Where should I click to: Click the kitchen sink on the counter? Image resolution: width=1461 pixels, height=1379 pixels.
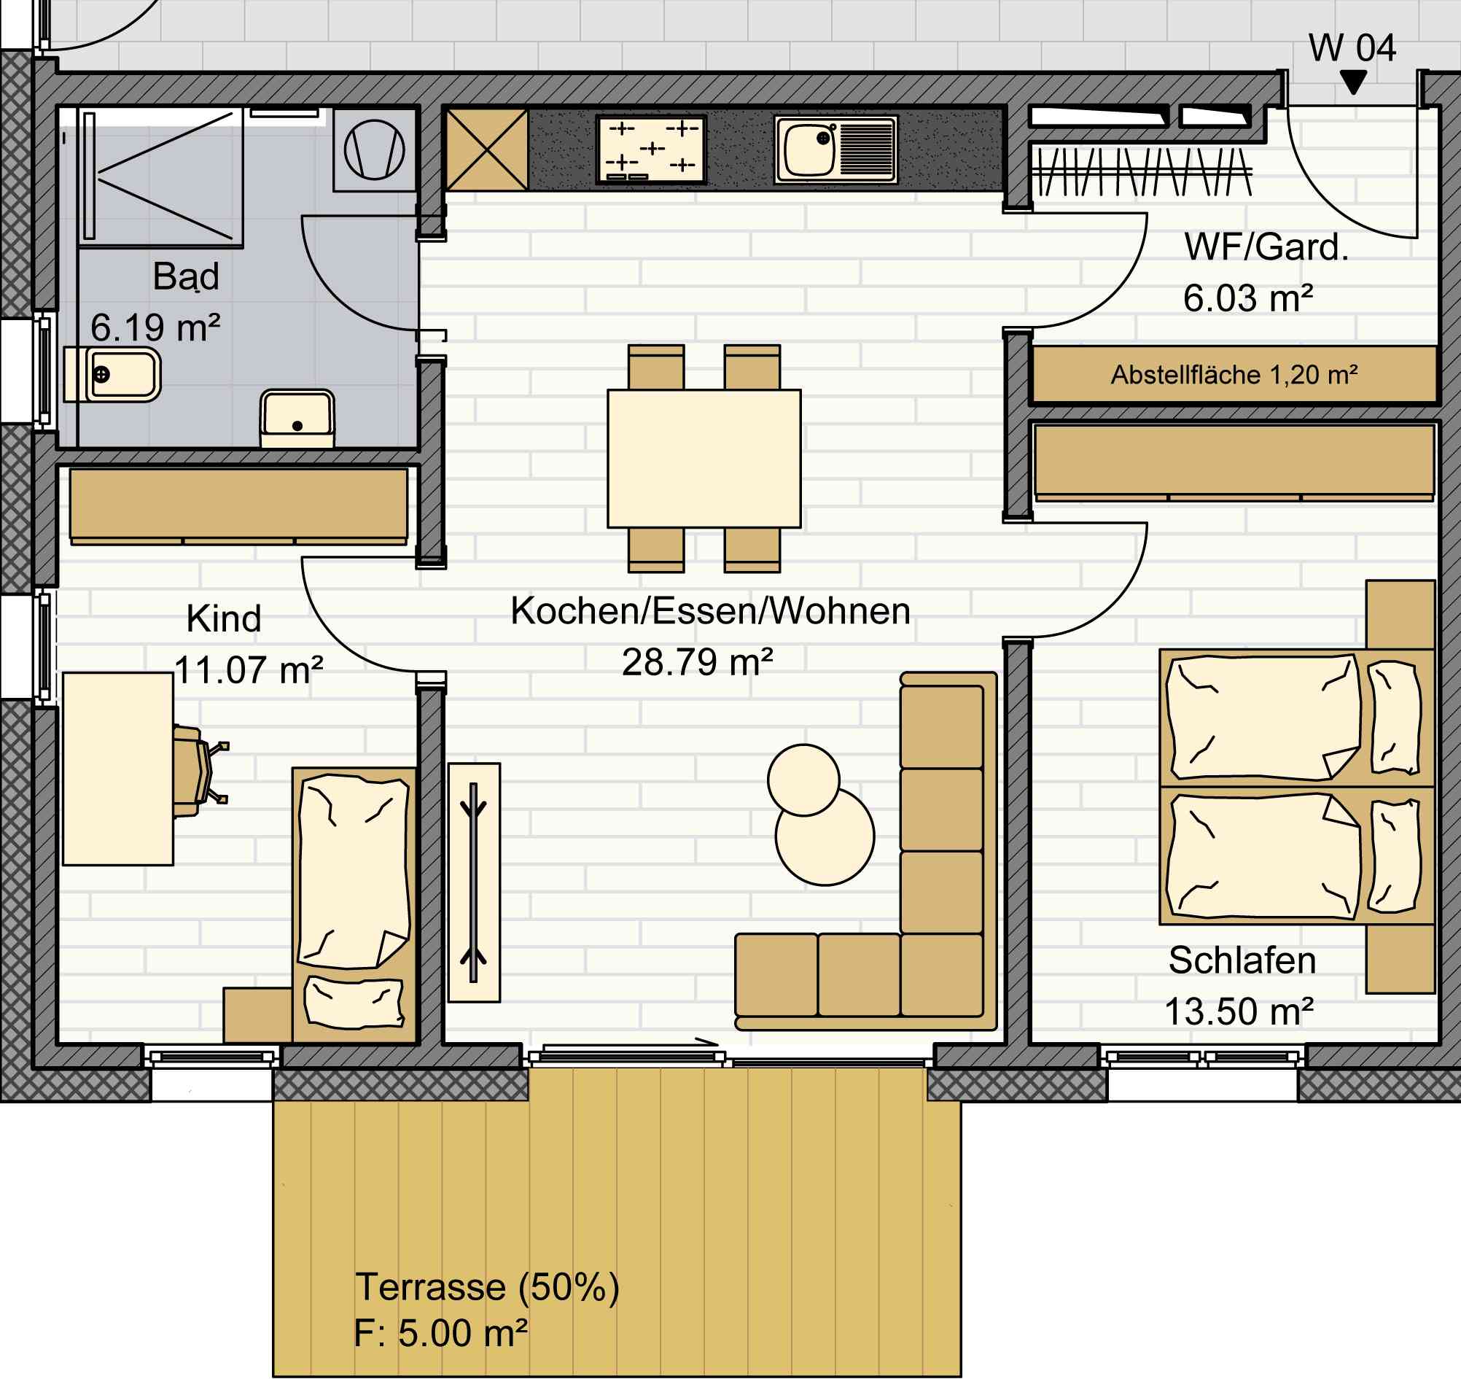[835, 149]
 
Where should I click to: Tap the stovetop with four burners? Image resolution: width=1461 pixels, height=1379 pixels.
[651, 149]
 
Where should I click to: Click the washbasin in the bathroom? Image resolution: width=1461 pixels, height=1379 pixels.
[297, 419]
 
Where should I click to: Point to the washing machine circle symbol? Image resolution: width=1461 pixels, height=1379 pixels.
[374, 150]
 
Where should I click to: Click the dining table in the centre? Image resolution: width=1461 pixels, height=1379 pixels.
[704, 459]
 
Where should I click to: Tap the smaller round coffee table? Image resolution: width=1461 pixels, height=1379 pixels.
[803, 780]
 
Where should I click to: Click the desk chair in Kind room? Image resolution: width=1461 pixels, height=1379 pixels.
[199, 770]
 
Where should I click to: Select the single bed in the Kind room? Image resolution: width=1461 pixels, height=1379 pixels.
[354, 905]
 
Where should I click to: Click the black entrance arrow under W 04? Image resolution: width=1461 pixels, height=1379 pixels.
[1353, 82]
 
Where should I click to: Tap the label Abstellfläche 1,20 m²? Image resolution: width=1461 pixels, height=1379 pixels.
[1234, 375]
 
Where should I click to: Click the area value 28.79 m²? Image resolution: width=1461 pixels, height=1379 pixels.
[698, 662]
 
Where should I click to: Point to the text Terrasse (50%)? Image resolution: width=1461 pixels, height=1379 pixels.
[487, 1286]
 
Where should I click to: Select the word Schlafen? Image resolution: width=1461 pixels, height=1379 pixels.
[1242, 960]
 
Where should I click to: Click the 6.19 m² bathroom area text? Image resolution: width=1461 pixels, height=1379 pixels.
[155, 327]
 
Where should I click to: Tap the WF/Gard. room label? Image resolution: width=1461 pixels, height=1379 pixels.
[1266, 246]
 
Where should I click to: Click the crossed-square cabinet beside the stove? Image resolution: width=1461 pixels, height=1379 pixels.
[487, 150]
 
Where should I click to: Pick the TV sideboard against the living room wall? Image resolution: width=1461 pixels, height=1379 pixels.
[474, 882]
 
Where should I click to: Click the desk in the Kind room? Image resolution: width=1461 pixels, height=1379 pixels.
[117, 769]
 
